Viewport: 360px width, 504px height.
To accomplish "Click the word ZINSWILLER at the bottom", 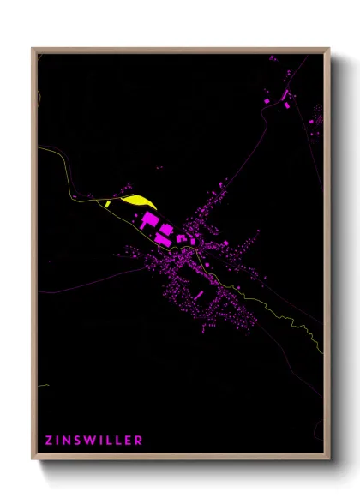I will [94, 441].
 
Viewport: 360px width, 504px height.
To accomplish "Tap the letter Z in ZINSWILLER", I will [49, 441].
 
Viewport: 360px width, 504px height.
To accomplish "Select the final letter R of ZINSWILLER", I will [139, 441].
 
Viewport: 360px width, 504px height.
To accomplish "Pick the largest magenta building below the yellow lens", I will [150, 223].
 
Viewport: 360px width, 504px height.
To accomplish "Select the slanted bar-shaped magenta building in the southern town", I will [199, 295].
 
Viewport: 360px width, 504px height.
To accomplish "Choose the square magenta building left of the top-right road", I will [266, 102].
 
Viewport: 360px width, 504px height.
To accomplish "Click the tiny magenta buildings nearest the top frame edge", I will [273, 58].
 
